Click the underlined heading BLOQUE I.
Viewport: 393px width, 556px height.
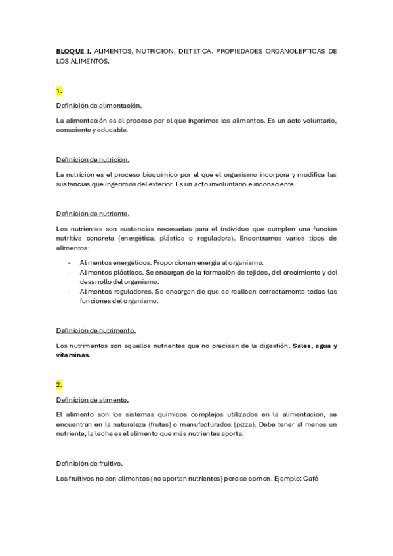(x=73, y=50)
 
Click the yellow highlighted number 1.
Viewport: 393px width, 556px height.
(x=59, y=90)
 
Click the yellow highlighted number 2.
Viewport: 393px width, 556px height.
(x=59, y=384)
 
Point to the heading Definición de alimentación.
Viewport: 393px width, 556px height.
(x=98, y=105)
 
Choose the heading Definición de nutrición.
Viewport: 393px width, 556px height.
(x=93, y=159)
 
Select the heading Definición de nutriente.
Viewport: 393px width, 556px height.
(x=93, y=213)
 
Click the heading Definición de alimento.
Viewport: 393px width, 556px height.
(x=93, y=399)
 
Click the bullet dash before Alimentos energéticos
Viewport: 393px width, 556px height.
(x=70, y=262)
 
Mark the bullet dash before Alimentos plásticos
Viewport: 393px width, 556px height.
(x=70, y=272)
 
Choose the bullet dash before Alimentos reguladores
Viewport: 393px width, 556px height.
(x=70, y=292)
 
